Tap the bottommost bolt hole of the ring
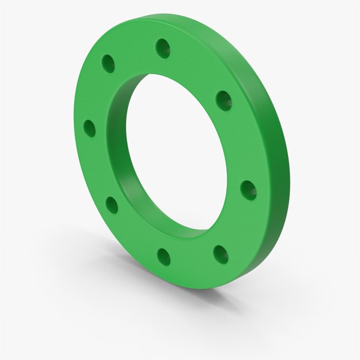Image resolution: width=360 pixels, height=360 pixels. [164, 257]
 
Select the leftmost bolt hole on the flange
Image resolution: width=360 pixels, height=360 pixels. [90, 128]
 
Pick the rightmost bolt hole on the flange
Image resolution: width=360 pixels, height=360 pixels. [248, 191]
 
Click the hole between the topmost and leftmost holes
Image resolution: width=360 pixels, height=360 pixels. [109, 62]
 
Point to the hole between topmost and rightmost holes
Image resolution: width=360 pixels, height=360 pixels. [223, 100]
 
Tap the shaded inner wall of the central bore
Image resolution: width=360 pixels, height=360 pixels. [129, 150]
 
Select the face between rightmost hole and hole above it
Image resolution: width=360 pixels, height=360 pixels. [240, 144]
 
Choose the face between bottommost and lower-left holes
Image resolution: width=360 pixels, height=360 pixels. [135, 235]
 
